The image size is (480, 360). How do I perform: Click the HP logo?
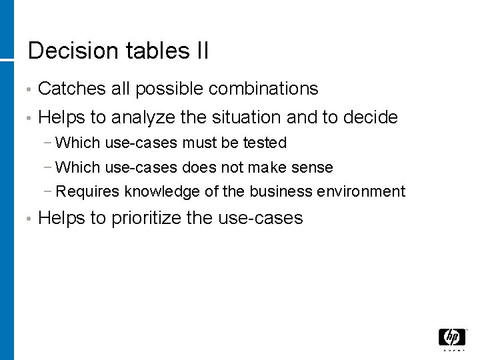[x=452, y=337]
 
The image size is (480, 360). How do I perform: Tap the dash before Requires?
[x=51, y=192]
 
